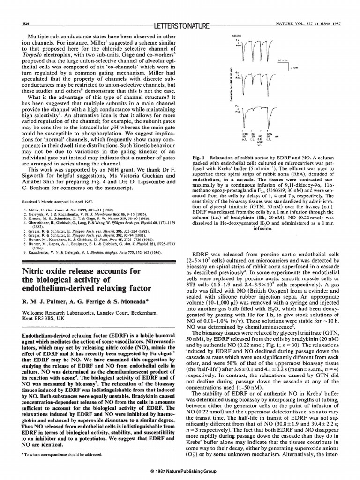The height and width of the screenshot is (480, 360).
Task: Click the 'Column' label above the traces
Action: tap(235, 36)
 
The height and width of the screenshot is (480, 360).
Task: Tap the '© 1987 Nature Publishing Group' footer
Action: tap(180, 471)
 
